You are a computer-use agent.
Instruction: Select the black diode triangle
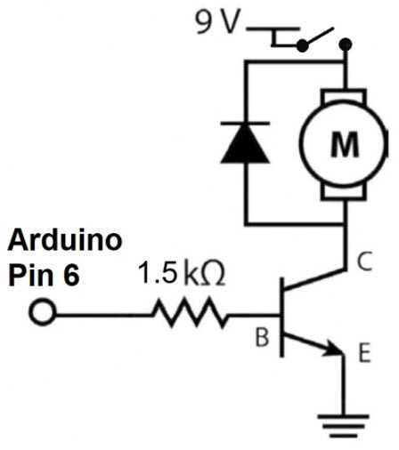(x=246, y=146)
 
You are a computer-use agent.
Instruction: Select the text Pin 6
(x=45, y=275)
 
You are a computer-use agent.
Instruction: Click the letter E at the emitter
(x=363, y=355)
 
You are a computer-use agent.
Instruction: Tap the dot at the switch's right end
(x=346, y=43)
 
